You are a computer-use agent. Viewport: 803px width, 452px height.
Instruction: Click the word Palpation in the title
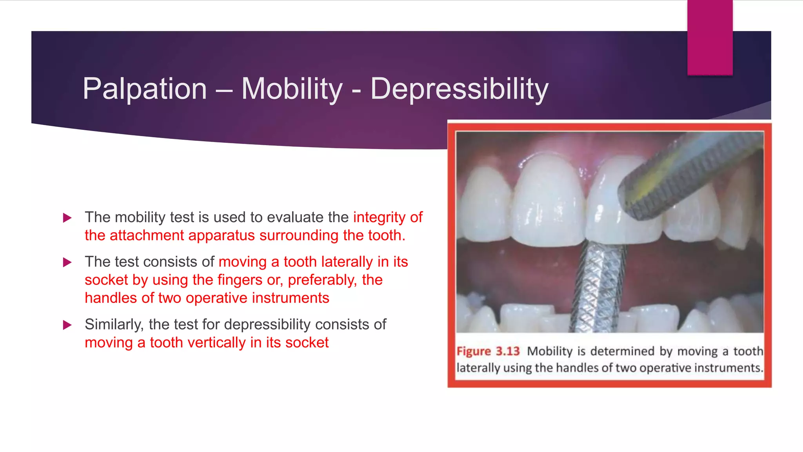145,89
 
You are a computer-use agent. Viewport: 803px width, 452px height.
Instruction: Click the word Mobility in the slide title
292,89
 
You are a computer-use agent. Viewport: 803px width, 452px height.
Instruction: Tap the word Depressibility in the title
459,89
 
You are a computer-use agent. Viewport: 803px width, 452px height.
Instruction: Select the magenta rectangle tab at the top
710,37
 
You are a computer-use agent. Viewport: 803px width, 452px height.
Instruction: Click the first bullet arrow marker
67,218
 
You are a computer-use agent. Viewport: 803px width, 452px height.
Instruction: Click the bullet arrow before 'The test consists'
67,262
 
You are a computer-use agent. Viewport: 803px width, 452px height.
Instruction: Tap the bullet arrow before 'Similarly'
67,325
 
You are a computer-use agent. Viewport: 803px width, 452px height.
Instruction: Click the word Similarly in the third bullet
114,324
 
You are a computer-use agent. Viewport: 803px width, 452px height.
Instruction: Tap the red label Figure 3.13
488,351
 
